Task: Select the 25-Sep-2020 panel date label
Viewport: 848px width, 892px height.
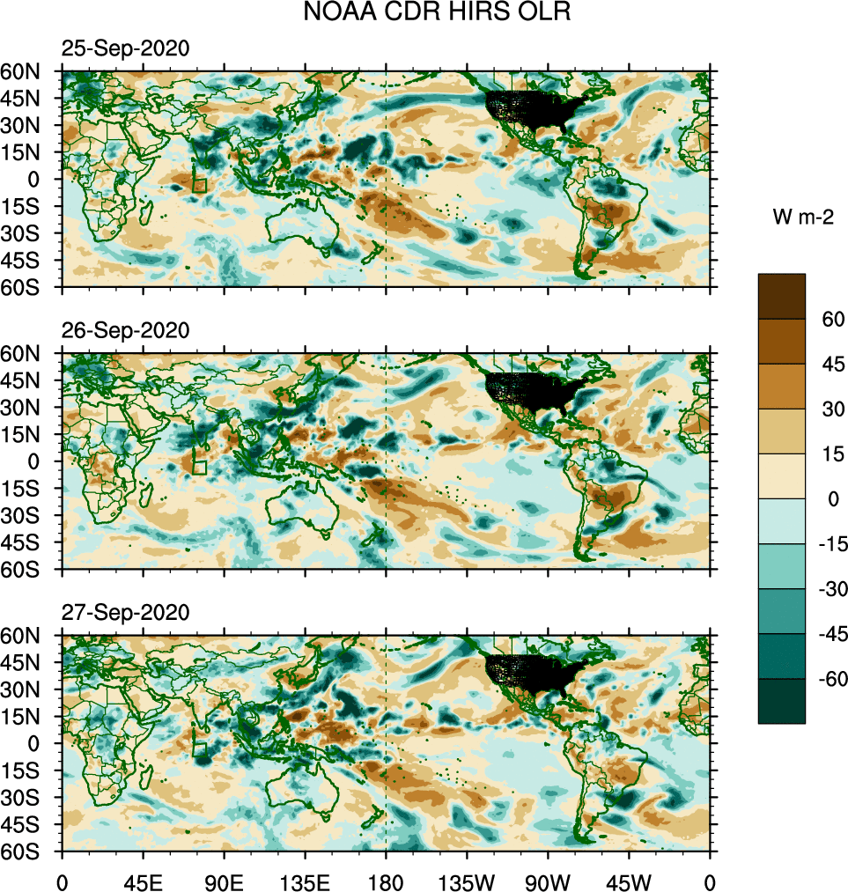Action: point(124,49)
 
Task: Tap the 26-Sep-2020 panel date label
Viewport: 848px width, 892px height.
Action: point(124,331)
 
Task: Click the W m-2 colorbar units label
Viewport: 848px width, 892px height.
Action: point(799,217)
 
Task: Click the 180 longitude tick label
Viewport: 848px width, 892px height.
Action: point(386,881)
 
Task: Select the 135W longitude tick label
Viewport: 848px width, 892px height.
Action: point(467,881)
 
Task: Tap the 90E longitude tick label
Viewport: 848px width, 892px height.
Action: point(224,881)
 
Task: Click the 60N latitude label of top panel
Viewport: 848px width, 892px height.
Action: point(28,71)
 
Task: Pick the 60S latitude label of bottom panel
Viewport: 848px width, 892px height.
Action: point(28,851)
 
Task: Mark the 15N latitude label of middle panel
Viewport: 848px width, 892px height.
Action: point(28,434)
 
